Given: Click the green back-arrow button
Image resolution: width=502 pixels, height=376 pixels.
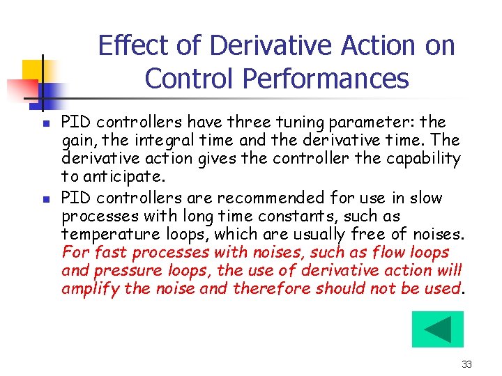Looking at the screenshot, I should click(437, 329).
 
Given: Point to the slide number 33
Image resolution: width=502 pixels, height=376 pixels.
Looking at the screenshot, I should click(467, 364).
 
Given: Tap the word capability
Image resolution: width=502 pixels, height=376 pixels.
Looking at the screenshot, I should click(422, 159).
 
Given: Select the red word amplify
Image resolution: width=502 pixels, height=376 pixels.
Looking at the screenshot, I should click(90, 288).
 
